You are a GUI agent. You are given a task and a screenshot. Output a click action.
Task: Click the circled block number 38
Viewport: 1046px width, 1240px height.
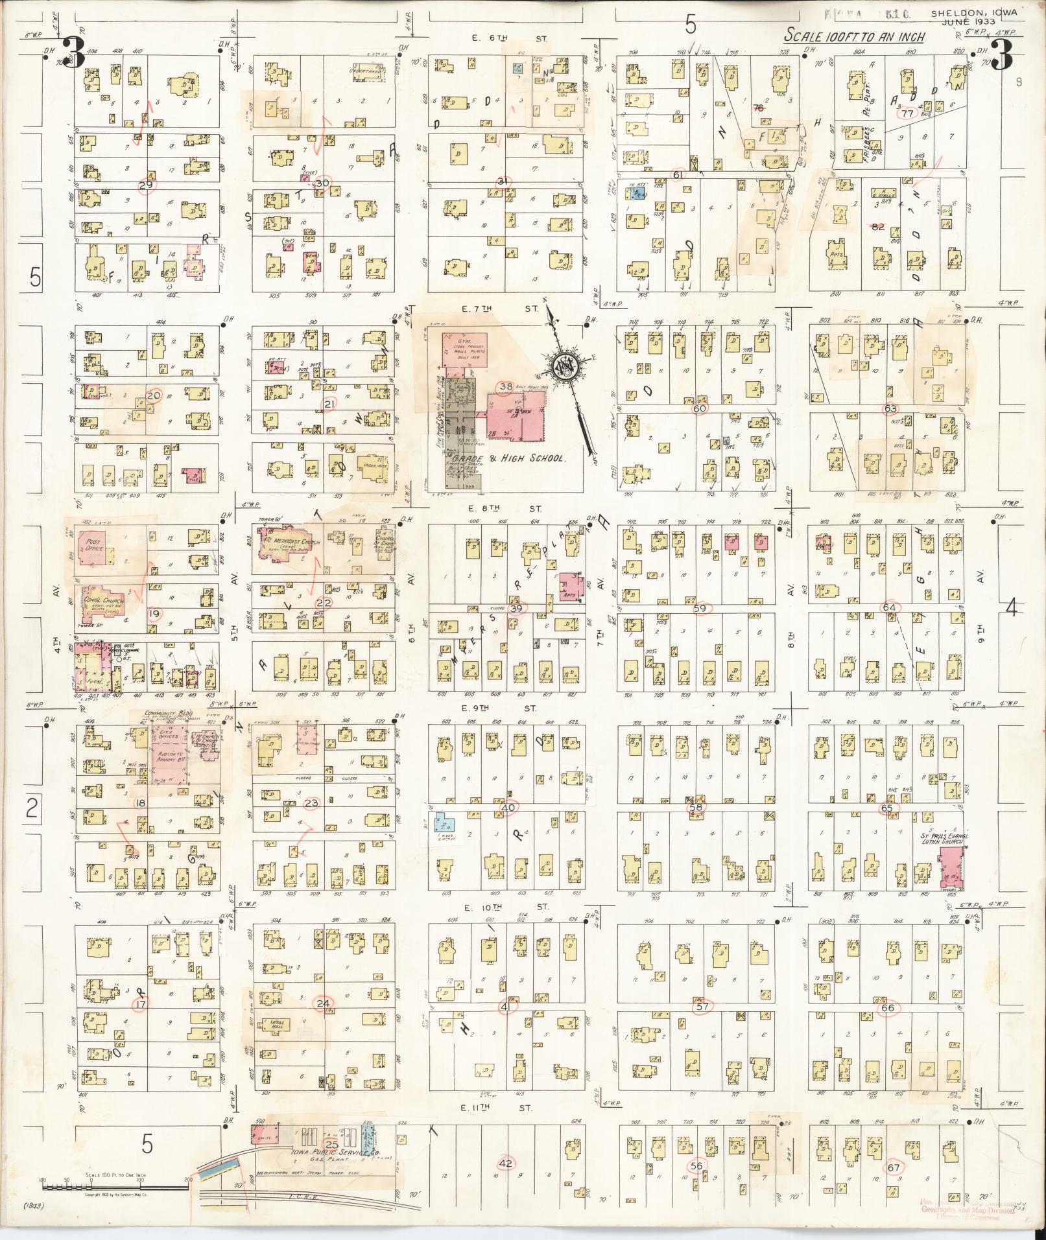[505, 387]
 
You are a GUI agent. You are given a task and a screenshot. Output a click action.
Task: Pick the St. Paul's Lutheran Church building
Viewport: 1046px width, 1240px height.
[950, 871]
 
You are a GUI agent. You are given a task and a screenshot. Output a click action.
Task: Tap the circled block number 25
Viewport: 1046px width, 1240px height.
[331, 1145]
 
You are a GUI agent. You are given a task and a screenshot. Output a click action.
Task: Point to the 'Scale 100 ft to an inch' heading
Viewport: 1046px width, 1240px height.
[853, 35]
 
